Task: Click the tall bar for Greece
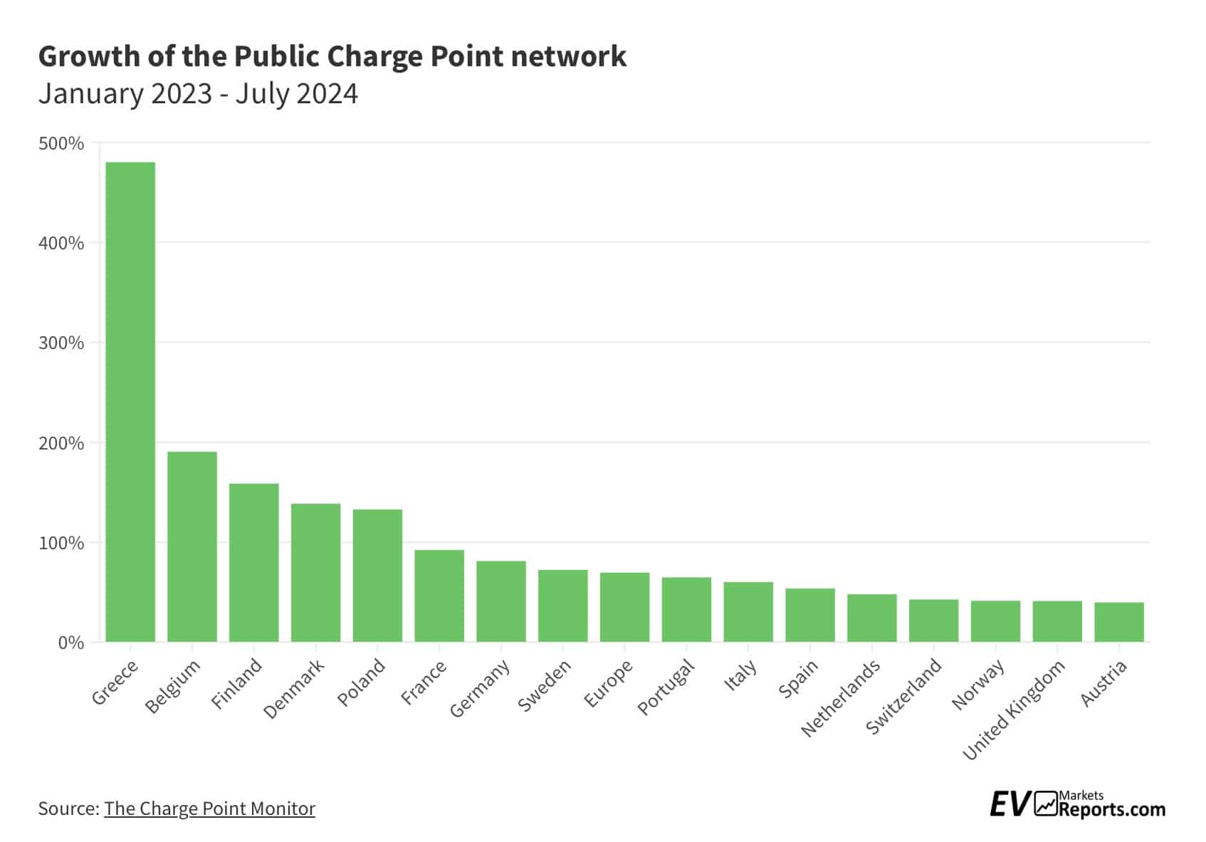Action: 130,402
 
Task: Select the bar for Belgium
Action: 192,546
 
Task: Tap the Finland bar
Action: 254,563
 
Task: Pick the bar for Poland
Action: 377,576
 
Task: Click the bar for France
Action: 439,596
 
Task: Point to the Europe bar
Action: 624,607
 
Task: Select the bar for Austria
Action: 1118,622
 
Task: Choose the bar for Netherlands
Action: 871,618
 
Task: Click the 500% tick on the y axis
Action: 61,144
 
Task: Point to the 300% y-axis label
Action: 61,343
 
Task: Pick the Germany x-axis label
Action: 481,687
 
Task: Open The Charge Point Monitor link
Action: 209,809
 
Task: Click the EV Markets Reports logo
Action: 1077,805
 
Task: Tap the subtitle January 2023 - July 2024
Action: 198,93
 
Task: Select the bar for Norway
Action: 995,621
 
